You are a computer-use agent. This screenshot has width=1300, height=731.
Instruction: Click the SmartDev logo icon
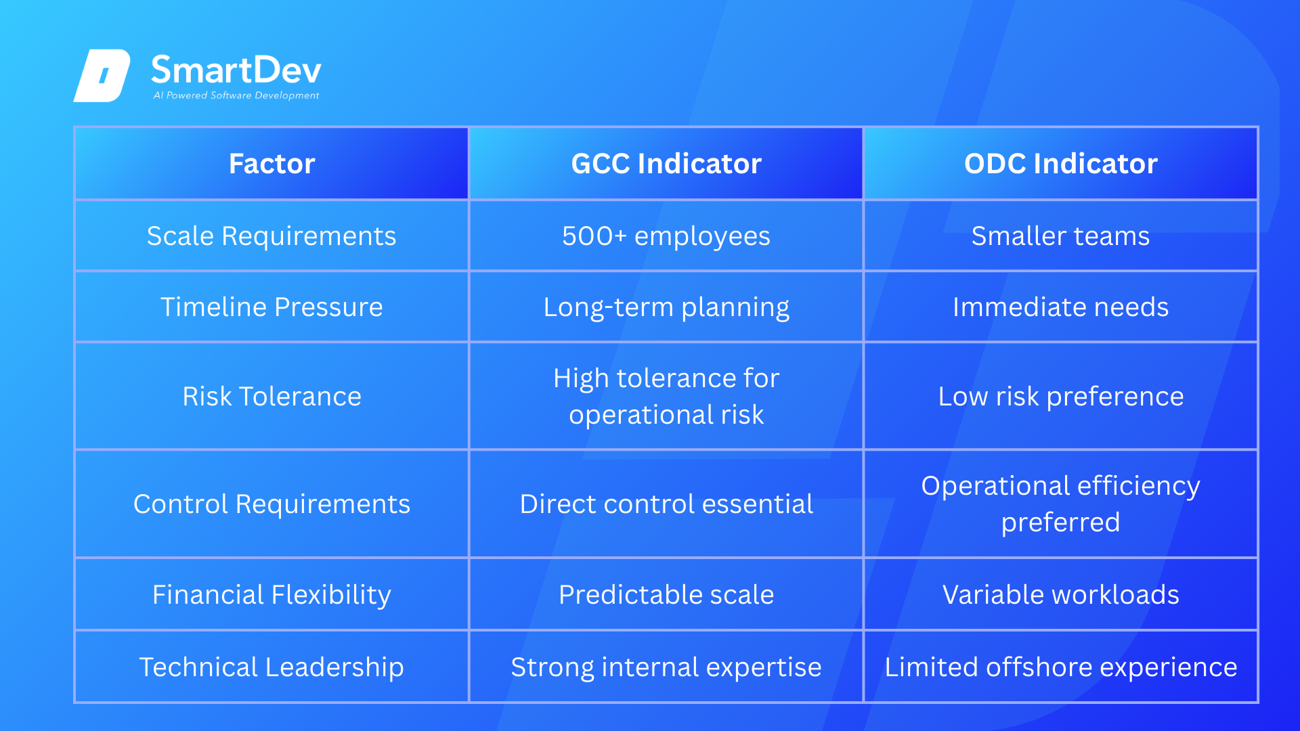click(x=102, y=76)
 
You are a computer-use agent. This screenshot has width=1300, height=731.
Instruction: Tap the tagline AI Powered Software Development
click(x=236, y=95)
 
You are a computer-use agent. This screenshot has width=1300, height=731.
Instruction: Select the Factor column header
click(x=272, y=164)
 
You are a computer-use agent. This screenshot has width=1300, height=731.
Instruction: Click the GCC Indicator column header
click(x=666, y=164)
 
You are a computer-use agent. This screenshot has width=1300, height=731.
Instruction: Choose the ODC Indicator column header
click(x=1061, y=164)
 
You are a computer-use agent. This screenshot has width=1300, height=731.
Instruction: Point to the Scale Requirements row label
click(x=272, y=236)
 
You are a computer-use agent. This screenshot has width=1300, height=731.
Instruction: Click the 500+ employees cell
click(x=666, y=236)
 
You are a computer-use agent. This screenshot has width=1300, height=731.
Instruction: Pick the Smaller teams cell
click(x=1061, y=236)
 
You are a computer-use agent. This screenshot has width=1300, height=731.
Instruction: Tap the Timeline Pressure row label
click(x=272, y=307)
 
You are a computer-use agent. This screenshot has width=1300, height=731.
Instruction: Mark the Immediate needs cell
click(x=1061, y=307)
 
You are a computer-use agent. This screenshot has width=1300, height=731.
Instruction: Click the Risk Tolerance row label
click(x=272, y=397)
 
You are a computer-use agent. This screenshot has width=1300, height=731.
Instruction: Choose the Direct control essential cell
click(x=666, y=504)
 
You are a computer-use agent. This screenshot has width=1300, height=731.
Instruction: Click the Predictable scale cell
click(x=666, y=595)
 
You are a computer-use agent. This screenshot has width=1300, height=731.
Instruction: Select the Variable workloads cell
click(x=1061, y=595)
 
